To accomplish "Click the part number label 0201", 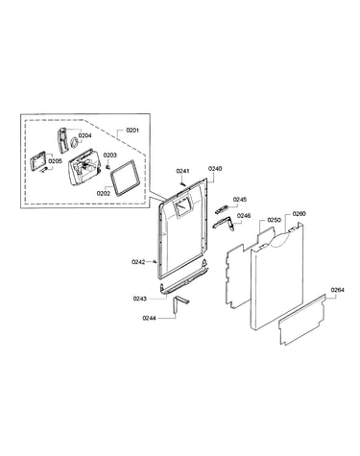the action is tap(132, 131).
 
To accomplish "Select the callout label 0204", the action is tap(84, 135).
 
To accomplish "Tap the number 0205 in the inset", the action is tap(56, 161).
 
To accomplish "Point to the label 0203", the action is tap(109, 156).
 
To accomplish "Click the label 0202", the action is tap(104, 193).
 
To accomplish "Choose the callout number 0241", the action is tap(182, 171).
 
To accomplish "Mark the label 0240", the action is tap(215, 169).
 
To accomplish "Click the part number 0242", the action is tap(138, 262).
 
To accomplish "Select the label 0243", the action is tap(140, 299).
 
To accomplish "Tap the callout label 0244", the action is tap(149, 318).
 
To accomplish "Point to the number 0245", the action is tap(240, 200).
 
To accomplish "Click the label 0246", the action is tap(244, 216).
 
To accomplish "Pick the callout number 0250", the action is tap(274, 220).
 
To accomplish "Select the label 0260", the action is tap(299, 214).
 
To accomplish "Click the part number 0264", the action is tap(338, 290).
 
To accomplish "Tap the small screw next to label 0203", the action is tap(108, 166).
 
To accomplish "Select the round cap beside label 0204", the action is tap(74, 143).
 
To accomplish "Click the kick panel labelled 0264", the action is tap(301, 320).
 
